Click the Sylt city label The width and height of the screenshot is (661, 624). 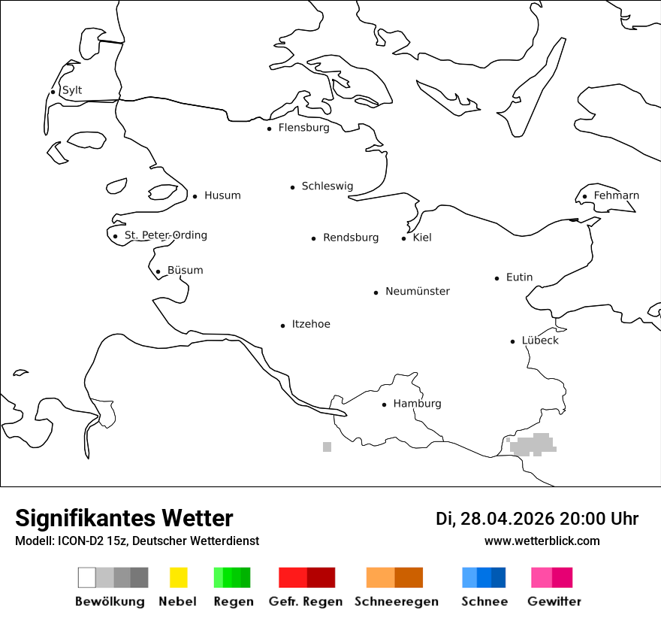pos(72,90)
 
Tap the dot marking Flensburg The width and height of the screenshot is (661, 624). pos(269,129)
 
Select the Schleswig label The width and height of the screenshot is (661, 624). pos(327,186)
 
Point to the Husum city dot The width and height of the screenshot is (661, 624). pos(195,196)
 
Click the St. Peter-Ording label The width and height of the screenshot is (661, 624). pos(165,235)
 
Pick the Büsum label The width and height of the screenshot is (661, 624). pos(185,271)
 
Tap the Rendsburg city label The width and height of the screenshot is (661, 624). pos(351,238)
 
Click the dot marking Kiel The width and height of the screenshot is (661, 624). pos(403,238)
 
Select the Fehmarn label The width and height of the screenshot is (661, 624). pos(616,195)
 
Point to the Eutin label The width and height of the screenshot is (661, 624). pos(519,277)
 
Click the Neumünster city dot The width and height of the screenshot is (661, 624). pos(376,292)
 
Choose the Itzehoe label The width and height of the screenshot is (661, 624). pos(311,324)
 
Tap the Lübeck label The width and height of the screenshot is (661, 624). pos(540,341)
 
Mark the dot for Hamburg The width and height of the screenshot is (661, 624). pos(384,404)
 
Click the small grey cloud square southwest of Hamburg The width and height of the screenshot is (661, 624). pos(327,447)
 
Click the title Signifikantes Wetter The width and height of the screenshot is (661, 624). pos(124,518)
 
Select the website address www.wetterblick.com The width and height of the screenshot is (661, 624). pos(542,541)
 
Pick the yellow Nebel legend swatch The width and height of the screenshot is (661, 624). pos(178,577)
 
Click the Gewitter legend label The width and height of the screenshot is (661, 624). pos(554,601)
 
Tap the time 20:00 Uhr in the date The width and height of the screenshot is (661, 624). pos(598,519)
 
